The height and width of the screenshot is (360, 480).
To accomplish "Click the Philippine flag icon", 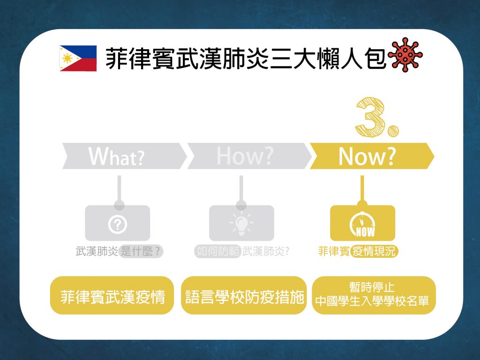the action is tap(78, 58).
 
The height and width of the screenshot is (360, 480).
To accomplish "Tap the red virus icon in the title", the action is tap(405, 55).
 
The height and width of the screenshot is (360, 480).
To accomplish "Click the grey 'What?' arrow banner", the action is tap(124, 156).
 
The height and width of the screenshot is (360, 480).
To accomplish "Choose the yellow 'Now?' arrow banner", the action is tap(372, 156).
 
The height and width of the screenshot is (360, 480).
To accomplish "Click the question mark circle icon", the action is tap(118, 225).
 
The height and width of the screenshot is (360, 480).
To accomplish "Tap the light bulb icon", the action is tap(241, 223).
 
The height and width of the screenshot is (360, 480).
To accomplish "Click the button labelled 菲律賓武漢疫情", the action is tap(112, 295).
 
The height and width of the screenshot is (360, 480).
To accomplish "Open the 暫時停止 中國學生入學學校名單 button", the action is tap(374, 295).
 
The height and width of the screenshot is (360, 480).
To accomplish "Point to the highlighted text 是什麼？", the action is tap(141, 252).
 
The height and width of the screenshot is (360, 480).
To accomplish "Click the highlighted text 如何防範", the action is tap(218, 252).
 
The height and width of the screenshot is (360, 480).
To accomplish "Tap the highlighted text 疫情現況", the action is tap(374, 252).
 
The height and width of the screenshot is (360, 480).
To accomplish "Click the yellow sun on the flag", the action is tap(67, 58).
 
